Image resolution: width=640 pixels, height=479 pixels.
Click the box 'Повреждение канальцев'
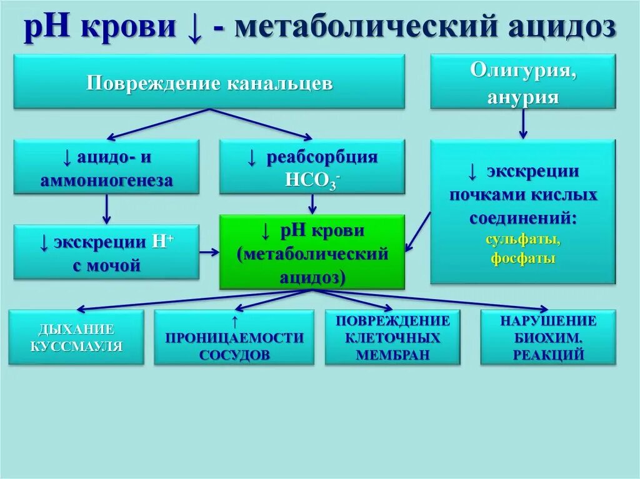pos(209,82)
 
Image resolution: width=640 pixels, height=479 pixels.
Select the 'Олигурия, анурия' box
pos(523,82)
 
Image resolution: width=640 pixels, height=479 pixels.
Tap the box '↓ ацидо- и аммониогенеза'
pos(106,167)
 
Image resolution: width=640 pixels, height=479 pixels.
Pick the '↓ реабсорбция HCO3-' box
pos(312,167)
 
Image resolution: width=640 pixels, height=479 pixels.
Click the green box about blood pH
pos(312,252)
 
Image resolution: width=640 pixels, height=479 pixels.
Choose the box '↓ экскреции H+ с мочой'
pos(106,252)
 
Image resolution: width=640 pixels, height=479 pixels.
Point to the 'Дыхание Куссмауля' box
pos(76,337)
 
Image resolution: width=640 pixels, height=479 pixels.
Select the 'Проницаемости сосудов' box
pos(234,338)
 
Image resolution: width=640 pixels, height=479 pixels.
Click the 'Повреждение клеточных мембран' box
pos(392,338)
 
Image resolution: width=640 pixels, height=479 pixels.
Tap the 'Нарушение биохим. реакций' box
pos(548,338)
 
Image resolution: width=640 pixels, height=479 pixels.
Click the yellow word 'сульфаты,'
pos(523,240)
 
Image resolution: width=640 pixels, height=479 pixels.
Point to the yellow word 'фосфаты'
pos(523,259)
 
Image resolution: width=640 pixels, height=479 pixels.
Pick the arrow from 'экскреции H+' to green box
pos(209,252)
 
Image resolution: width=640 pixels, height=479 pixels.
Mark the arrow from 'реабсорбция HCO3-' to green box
pos(312,204)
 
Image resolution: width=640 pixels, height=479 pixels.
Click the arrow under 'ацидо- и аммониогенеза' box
pos(106,209)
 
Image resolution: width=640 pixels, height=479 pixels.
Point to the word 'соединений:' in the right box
pos(523,219)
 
